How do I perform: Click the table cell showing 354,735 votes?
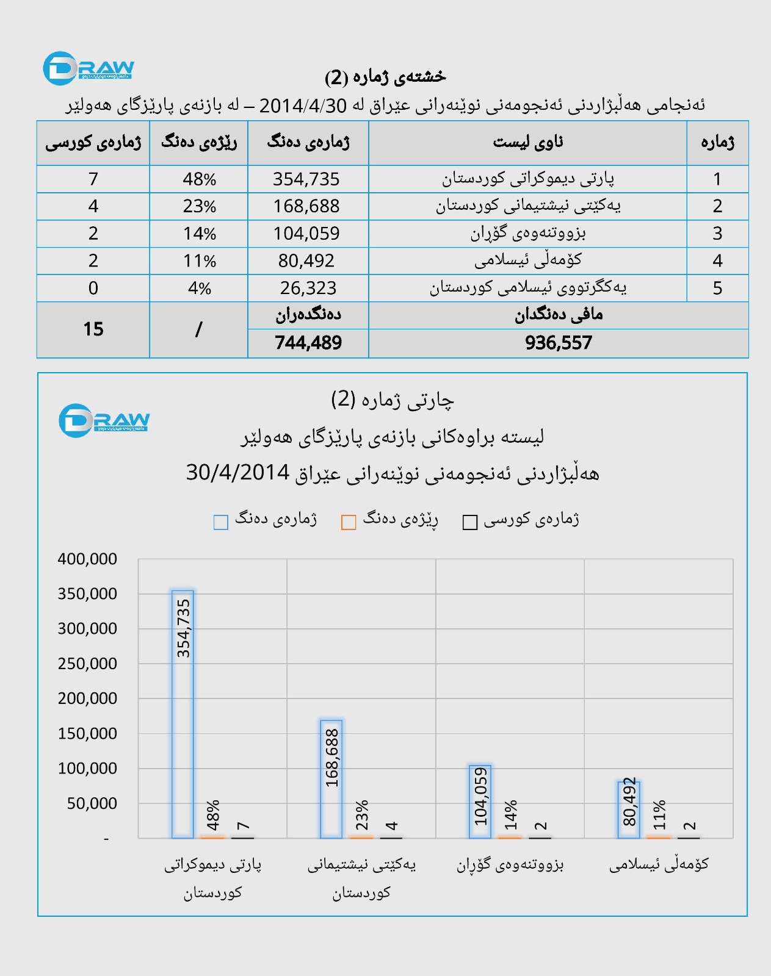click(306, 179)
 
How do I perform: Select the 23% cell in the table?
click(199, 206)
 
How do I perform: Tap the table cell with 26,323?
click(308, 288)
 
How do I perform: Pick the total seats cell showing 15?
click(93, 329)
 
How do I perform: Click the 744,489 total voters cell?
click(308, 343)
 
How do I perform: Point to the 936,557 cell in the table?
click(558, 343)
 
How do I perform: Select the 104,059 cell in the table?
click(306, 234)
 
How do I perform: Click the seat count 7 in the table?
click(93, 179)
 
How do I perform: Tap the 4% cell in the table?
click(199, 288)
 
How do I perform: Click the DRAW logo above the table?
click(89, 68)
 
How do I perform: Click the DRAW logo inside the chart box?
click(104, 420)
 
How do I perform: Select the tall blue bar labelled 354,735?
click(183, 714)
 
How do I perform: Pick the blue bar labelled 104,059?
click(480, 802)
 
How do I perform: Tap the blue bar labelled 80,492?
click(629, 809)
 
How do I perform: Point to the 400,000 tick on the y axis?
click(87, 559)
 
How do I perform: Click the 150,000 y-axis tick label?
click(87, 733)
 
